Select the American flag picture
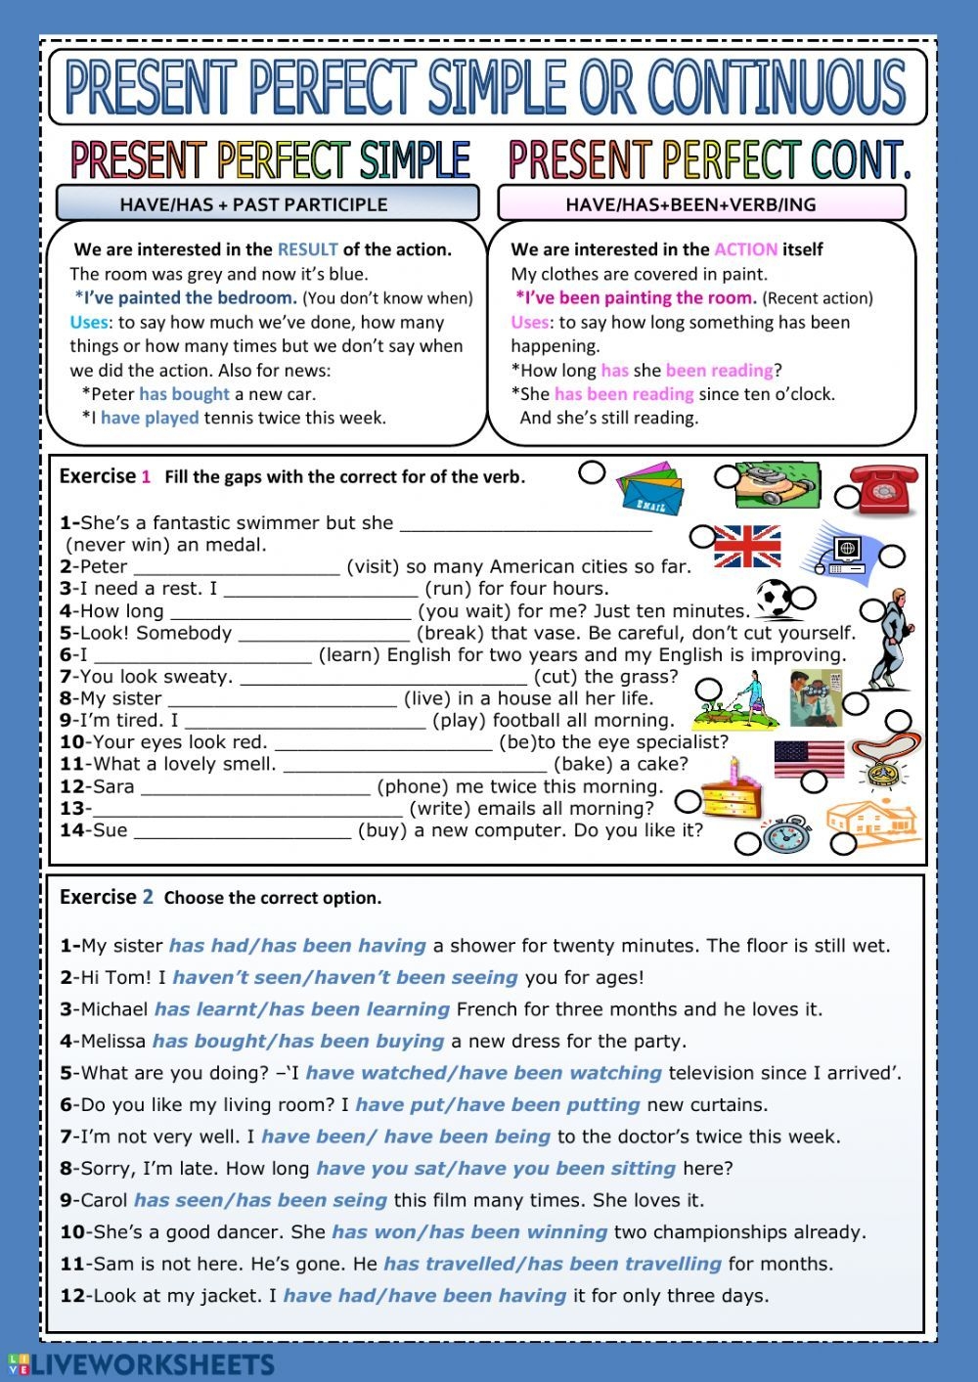[x=809, y=758]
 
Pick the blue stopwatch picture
[x=786, y=837]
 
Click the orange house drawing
[x=872, y=820]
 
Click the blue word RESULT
[x=307, y=249]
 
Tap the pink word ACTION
[x=745, y=249]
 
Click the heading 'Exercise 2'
[x=107, y=897]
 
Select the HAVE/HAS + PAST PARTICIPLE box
[x=267, y=203]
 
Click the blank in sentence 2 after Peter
[x=236, y=567]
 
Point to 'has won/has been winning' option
[x=469, y=1232]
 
